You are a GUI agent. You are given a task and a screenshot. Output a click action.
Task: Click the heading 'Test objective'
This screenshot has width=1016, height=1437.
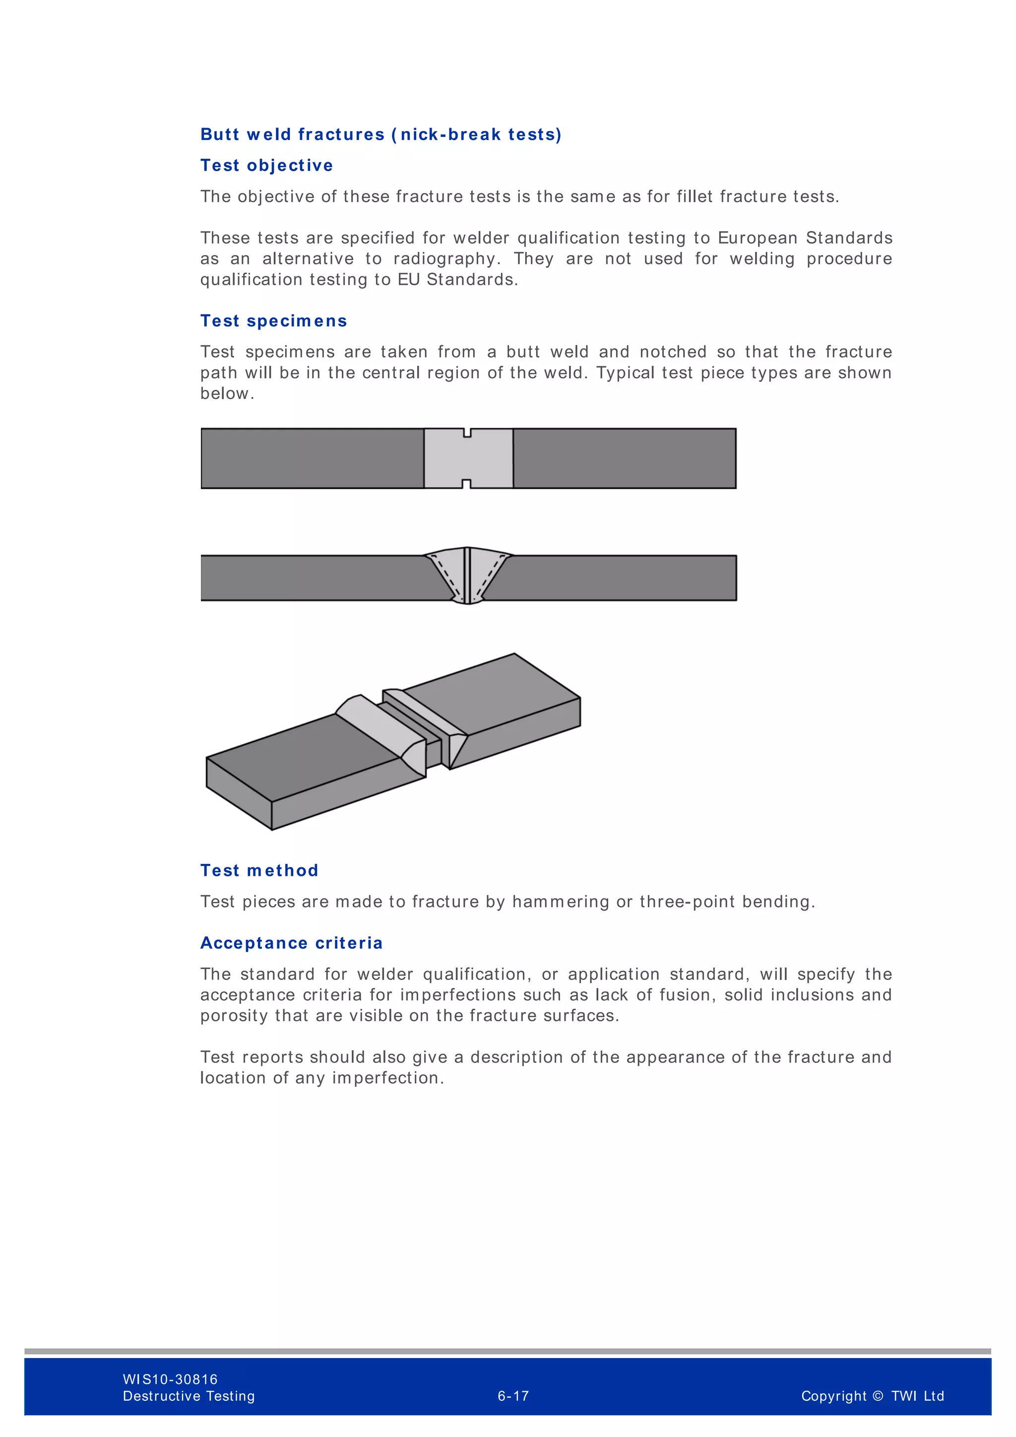pyautogui.click(x=266, y=165)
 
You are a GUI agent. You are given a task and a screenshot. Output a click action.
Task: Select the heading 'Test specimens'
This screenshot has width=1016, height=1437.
pyautogui.click(x=273, y=321)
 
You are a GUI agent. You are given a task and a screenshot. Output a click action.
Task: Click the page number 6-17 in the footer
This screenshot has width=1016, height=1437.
pyautogui.click(x=513, y=1396)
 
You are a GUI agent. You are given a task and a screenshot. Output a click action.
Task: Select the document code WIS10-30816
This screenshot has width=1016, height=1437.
pyautogui.click(x=170, y=1379)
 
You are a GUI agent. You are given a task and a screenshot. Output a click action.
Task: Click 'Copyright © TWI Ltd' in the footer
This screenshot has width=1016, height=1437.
pyautogui.click(x=872, y=1396)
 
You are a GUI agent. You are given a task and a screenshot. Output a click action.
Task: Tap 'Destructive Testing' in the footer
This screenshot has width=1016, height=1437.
pyautogui.click(x=189, y=1396)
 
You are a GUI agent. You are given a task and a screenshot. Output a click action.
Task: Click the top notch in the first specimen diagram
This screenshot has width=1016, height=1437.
pyautogui.click(x=467, y=433)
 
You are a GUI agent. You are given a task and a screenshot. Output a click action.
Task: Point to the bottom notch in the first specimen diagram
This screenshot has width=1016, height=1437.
pyautogui.click(x=466, y=484)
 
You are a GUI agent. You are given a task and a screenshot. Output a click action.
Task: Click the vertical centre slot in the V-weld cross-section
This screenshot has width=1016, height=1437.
pyautogui.click(x=467, y=576)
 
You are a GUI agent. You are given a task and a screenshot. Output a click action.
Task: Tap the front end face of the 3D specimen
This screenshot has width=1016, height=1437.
pyautogui.click(x=238, y=793)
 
